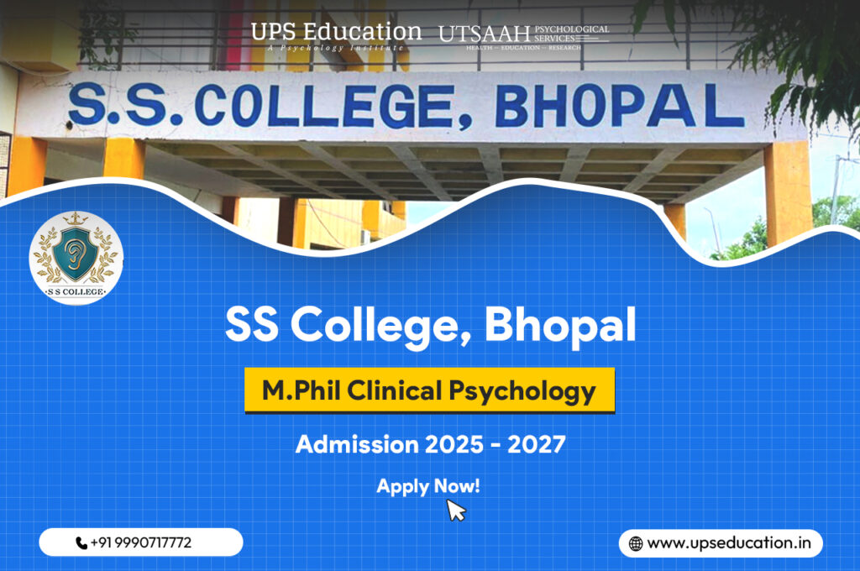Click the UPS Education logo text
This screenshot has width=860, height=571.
point(336,34)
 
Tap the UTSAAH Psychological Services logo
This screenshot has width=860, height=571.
point(523,35)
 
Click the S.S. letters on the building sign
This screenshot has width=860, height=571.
point(118,107)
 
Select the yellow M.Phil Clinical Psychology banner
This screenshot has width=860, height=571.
point(429,390)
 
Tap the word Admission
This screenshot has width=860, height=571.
point(347,443)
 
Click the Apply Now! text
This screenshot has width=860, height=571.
point(428,485)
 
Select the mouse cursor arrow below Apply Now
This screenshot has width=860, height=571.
point(455,510)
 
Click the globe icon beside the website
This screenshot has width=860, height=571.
point(636,543)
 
